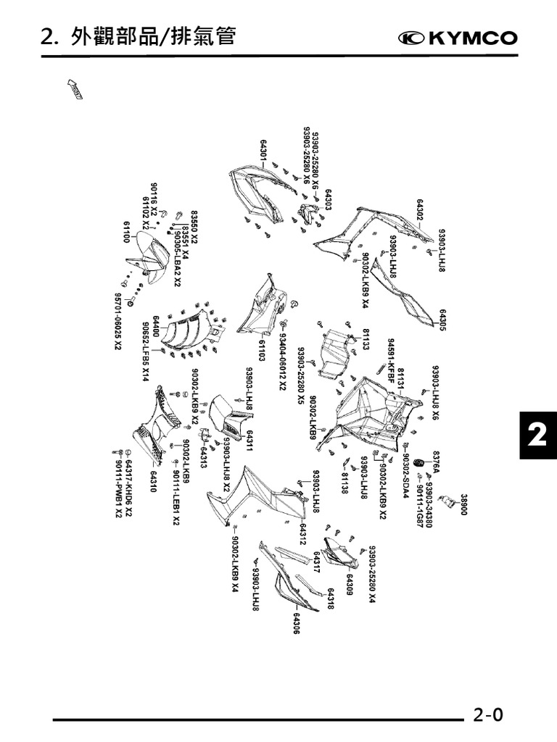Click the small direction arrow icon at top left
pyautogui.click(x=75, y=88)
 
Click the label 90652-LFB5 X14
pyautogui.click(x=146, y=351)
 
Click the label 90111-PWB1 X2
pyautogui.click(x=118, y=490)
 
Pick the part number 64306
pyautogui.click(x=297, y=624)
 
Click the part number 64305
pyautogui.click(x=442, y=317)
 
